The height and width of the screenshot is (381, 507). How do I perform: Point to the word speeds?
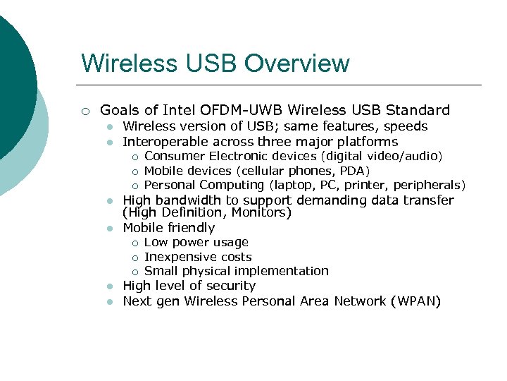click(404, 127)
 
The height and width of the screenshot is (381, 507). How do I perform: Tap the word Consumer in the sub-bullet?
click(175, 156)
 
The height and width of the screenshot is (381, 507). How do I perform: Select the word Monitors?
click(264, 212)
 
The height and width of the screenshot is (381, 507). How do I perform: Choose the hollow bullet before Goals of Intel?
click(84, 111)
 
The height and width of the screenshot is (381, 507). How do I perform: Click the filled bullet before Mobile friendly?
click(110, 229)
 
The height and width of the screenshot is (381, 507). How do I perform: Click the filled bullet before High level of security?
click(110, 286)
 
